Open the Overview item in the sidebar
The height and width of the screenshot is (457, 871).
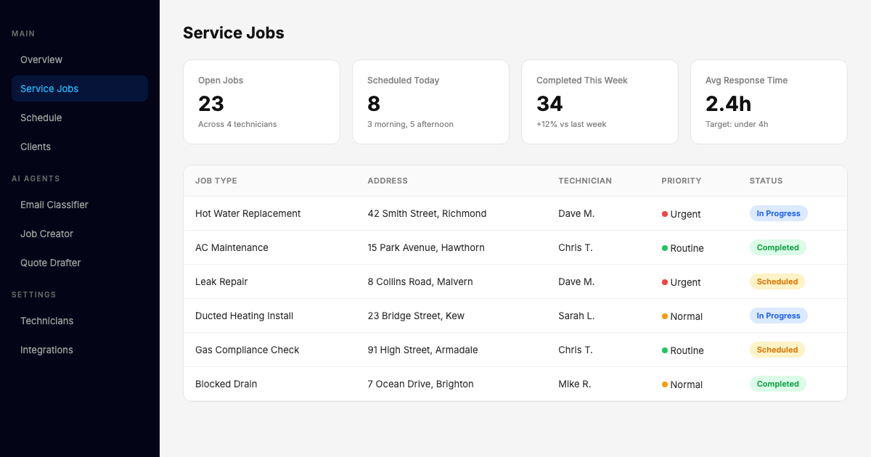pos(41,59)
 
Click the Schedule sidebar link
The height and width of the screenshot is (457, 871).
pos(41,118)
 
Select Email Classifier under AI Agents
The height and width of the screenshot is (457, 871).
pos(54,205)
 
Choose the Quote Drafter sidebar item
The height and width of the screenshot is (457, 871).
pos(51,263)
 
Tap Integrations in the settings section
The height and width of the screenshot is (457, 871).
pos(46,350)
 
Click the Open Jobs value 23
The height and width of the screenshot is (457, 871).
pos(211,104)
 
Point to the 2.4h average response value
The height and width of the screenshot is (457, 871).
pos(728,104)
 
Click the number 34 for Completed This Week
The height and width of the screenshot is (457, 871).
pos(549,104)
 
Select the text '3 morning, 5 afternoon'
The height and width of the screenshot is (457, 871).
pos(410,124)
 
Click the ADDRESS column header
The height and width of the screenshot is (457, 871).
pos(388,181)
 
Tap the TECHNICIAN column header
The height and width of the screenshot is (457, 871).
pos(585,181)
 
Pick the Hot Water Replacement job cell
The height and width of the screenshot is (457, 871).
pos(248,213)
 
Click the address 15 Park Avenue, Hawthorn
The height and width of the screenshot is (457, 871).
pos(426,247)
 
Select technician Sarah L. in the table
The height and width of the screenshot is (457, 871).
pos(576,316)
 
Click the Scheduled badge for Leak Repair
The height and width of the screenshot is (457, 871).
pos(777,281)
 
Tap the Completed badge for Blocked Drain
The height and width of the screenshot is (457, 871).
pos(777,384)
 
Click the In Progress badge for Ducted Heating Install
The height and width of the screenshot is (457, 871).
pos(778,316)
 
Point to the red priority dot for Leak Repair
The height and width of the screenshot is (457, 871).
pos(665,282)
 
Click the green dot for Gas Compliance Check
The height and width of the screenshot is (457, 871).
pos(665,350)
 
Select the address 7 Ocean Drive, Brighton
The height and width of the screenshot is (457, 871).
pos(420,384)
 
